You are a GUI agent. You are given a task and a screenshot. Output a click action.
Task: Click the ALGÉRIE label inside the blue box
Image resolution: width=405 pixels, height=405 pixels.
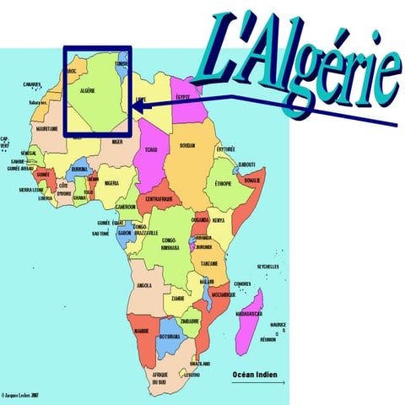tap(87, 89)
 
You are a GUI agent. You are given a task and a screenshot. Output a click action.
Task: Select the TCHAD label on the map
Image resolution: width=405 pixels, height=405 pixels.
tap(150, 149)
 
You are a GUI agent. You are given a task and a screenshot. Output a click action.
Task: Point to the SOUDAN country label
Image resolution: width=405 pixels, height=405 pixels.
tap(187, 145)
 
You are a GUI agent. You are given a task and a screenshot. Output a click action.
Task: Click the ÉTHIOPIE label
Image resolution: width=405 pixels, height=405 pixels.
tap(224, 183)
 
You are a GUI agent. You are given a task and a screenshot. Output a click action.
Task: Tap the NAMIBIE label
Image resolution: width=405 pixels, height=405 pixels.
tap(141, 331)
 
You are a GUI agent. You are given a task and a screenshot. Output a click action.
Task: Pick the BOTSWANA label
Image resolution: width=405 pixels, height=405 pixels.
tap(170, 336)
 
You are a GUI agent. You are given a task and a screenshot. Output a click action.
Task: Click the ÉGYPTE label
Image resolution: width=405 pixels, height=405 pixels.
tap(182, 97)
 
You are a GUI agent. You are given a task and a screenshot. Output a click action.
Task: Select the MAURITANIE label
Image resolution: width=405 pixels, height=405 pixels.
tap(48, 129)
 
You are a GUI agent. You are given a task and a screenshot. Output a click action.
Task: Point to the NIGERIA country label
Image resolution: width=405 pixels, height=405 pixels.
tap(111, 183)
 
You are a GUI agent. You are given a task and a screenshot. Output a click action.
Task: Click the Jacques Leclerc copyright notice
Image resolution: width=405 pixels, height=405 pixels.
tap(21, 394)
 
